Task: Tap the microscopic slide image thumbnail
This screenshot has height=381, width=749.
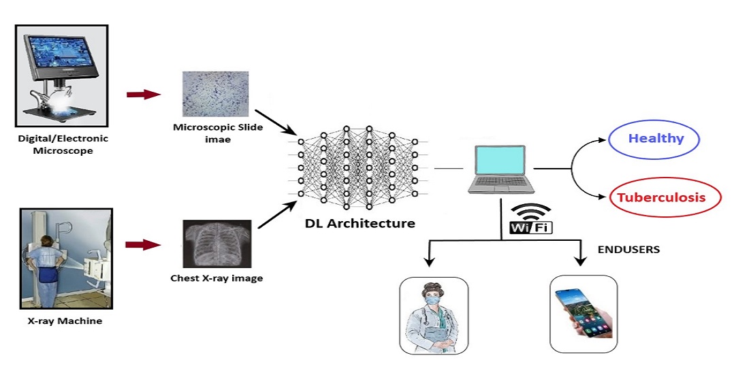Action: click(x=211, y=94)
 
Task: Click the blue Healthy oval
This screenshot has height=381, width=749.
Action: click(x=656, y=139)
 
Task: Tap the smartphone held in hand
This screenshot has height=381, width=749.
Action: click(x=583, y=314)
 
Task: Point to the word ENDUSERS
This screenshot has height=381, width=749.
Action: click(x=628, y=250)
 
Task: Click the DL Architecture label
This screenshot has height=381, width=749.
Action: click(x=360, y=222)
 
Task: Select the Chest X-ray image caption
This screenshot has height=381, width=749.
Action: click(x=217, y=278)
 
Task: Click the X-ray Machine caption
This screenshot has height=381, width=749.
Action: click(x=65, y=320)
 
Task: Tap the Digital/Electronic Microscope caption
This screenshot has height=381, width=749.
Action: click(x=63, y=144)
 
